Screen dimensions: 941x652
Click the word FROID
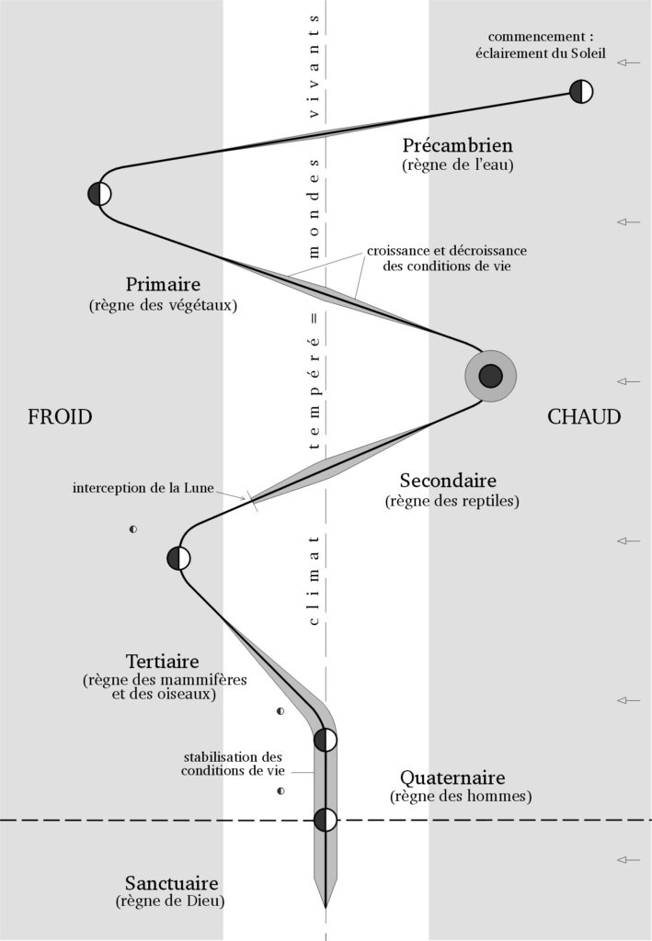[x=60, y=417]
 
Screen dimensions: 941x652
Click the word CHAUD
[x=584, y=417]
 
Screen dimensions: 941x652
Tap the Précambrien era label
[x=458, y=145]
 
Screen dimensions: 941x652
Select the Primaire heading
[x=163, y=284]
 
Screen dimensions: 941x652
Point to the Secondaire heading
[x=448, y=481]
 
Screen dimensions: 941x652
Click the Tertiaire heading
[x=162, y=662]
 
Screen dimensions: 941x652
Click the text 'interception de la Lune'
[x=143, y=487]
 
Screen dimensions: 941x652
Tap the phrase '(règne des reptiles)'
[x=448, y=502]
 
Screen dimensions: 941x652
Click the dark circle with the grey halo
[x=490, y=376]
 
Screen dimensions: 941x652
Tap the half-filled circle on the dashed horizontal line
[x=326, y=820]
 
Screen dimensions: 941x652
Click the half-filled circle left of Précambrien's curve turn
[x=99, y=194]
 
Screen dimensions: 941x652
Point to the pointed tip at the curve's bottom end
[x=326, y=905]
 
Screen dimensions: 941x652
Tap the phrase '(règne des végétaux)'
[x=163, y=305]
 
